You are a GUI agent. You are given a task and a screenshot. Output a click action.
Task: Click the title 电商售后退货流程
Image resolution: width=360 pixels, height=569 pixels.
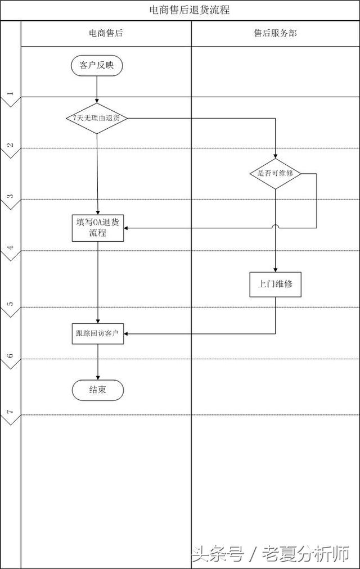pos(190,10)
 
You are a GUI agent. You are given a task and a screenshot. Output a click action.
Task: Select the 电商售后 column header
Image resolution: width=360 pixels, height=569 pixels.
pos(106,33)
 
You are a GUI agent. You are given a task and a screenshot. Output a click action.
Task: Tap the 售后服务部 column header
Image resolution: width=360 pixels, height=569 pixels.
pos(275,33)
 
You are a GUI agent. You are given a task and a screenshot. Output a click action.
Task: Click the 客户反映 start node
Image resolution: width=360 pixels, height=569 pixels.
pos(97,66)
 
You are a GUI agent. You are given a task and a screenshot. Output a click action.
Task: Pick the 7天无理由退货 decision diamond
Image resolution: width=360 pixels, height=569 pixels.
pos(97,118)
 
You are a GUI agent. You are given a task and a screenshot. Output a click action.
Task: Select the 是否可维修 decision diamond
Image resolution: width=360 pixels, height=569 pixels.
pos(276,174)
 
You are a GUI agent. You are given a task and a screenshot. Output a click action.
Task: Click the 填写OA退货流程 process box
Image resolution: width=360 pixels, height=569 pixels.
pos(98,228)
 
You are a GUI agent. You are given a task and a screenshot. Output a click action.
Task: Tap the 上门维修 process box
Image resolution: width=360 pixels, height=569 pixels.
pos(276,284)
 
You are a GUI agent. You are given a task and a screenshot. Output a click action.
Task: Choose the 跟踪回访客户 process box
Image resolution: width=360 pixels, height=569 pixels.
pos(98,333)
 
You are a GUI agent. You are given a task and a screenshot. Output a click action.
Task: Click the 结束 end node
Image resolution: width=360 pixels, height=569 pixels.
pos(98,390)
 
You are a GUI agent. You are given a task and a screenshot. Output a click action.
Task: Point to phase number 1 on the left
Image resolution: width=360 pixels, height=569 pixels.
pos(10,93)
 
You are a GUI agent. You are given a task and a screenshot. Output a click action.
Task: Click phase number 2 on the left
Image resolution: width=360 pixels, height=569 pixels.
pos(10,144)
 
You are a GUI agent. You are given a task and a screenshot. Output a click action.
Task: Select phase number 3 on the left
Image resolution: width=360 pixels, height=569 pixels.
pos(10,196)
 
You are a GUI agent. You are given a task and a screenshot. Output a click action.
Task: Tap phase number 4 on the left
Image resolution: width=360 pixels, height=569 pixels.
pos(10,247)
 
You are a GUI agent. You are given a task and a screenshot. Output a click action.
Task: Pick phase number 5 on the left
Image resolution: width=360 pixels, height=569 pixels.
pos(10,304)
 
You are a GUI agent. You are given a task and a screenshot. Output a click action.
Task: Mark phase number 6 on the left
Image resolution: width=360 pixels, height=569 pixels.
pos(10,355)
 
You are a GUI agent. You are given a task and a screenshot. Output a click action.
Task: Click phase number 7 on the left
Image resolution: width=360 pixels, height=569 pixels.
pos(10,412)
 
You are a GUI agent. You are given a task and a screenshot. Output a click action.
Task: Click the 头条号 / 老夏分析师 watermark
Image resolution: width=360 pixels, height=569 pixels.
pos(271,554)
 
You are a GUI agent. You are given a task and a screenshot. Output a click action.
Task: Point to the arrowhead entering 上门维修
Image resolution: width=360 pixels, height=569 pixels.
pos(276,270)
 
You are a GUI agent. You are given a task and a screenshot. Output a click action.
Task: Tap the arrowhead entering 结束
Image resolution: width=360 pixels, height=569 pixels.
pos(98,378)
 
